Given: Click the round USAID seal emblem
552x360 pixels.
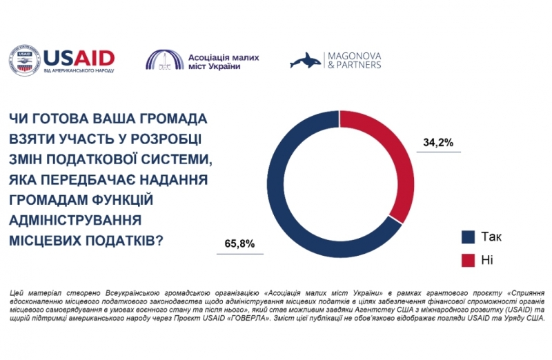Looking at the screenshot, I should (24, 61).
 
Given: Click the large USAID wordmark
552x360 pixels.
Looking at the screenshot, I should (78, 57).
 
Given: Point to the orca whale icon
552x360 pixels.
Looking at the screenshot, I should (308, 61).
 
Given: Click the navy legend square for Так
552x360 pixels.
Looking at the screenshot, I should (468, 237).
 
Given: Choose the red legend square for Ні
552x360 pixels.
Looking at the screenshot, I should (468, 260).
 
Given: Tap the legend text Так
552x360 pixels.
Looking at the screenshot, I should (491, 237).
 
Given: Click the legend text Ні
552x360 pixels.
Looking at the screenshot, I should (487, 260).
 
